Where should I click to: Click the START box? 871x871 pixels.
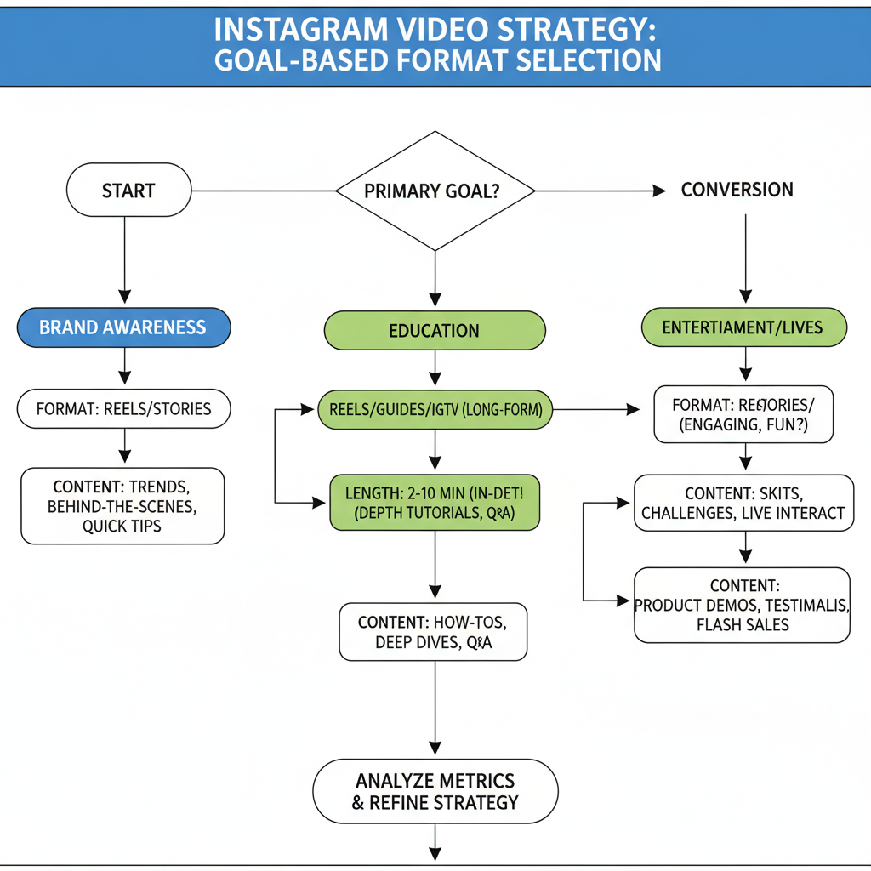(x=128, y=190)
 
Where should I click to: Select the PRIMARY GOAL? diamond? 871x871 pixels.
(x=435, y=191)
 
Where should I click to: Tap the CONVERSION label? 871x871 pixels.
(x=737, y=190)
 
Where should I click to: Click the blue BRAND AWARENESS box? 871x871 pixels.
(x=123, y=327)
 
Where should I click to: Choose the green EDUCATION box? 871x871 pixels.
(x=434, y=330)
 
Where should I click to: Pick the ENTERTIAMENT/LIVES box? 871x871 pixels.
(x=743, y=327)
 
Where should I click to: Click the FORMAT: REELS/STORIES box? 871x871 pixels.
(x=124, y=409)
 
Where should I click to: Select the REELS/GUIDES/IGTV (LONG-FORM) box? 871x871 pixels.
(x=435, y=410)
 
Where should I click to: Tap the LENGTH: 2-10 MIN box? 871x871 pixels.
(x=434, y=502)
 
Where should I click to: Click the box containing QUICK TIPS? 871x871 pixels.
(x=122, y=506)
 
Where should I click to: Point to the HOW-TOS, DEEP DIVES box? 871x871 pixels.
(x=433, y=632)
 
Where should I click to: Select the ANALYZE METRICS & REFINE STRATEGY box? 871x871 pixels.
(x=435, y=790)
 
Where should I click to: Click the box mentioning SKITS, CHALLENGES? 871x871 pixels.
(x=743, y=502)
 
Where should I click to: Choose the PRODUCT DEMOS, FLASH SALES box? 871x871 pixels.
(x=742, y=605)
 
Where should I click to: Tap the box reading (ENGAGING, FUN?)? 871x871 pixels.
(x=743, y=414)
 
